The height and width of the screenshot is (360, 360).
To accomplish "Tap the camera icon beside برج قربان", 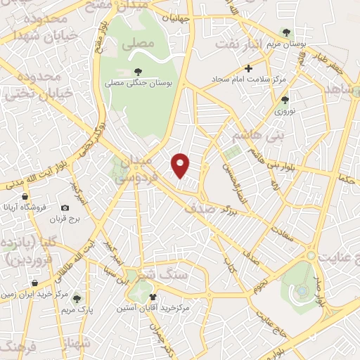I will pyautogui.click(x=65, y=208).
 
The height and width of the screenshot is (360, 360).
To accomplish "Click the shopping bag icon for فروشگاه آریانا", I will pyautogui.click(x=25, y=197).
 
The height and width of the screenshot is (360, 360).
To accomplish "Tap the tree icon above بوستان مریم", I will pyautogui.click(x=285, y=32).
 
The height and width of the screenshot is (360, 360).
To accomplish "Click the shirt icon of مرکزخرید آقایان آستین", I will pyautogui.click(x=153, y=296).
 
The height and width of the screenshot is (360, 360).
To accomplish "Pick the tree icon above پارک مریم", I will pyautogui.click(x=77, y=298).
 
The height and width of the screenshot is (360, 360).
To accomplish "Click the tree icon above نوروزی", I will pyautogui.click(x=284, y=101).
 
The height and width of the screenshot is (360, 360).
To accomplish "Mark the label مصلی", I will pyautogui.click(x=137, y=44).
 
